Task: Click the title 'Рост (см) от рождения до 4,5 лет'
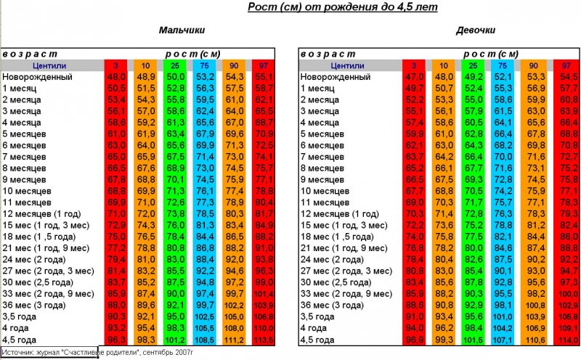pos(343,8)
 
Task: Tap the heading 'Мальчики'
pos(182,31)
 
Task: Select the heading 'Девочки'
pos(476,31)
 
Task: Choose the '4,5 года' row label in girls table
pos(318,339)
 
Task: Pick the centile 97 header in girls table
pos(567,65)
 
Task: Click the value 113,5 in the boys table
pos(264,339)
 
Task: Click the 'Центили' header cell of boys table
pos(51,65)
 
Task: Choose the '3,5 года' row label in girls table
pos(318,316)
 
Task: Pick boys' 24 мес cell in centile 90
pos(234,259)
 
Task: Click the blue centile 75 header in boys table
pos(204,65)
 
